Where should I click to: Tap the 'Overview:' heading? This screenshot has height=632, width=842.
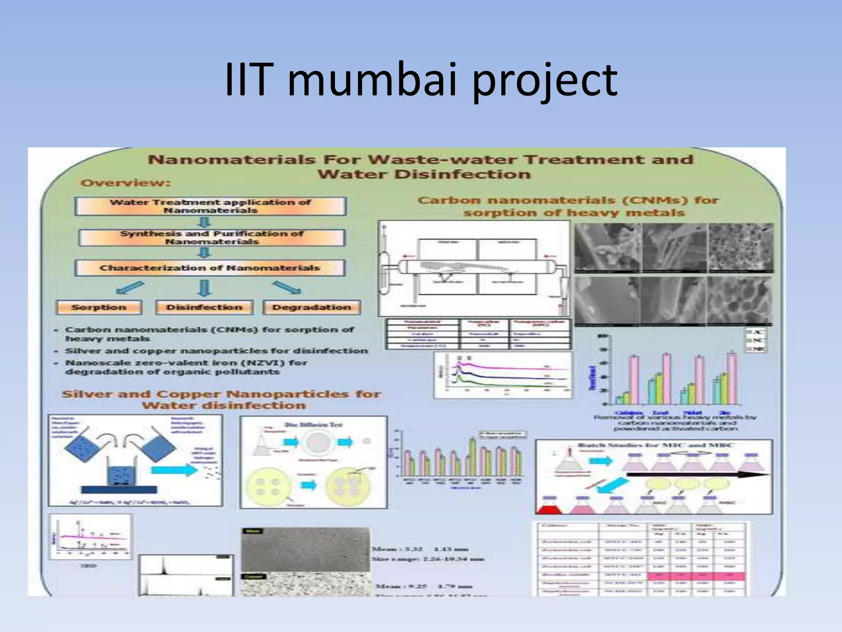pyautogui.click(x=125, y=183)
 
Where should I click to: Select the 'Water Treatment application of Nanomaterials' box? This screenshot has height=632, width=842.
pyautogui.click(x=210, y=206)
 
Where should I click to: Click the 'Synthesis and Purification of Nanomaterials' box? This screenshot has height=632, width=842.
pyautogui.click(x=211, y=237)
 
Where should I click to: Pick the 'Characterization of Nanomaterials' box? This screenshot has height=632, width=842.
pyautogui.click(x=210, y=268)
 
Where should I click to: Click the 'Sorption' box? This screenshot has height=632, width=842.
pyautogui.click(x=99, y=307)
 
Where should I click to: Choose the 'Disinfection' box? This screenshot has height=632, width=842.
pyautogui.click(x=204, y=307)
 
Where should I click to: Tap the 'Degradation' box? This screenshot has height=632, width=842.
pyautogui.click(x=312, y=307)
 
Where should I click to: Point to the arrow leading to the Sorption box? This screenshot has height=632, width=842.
pyautogui.click(x=130, y=288)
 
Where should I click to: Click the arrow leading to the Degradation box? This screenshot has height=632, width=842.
pyautogui.click(x=286, y=288)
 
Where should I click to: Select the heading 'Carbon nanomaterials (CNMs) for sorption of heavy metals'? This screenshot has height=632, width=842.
pyautogui.click(x=569, y=207)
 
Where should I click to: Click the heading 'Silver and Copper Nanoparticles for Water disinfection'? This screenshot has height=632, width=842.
pyautogui.click(x=222, y=400)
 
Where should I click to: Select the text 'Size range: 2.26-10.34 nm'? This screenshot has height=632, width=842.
pyautogui.click(x=428, y=559)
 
